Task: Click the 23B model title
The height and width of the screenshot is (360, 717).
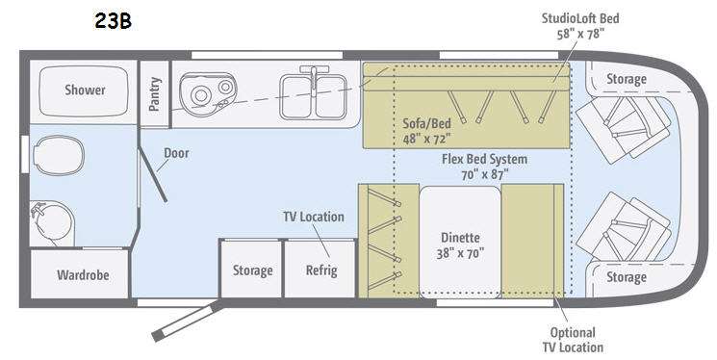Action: (x=113, y=21)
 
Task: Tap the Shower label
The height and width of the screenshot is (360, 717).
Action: (x=85, y=90)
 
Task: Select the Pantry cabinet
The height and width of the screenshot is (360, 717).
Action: (x=155, y=93)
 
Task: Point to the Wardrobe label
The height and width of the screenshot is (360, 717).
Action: (x=82, y=275)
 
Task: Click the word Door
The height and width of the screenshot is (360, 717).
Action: (x=175, y=152)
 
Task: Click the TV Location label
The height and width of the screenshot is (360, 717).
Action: (x=313, y=217)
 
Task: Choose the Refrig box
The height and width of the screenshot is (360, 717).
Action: (x=320, y=270)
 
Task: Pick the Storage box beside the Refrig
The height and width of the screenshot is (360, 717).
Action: (x=252, y=270)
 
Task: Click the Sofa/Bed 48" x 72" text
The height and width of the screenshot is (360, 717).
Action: (x=426, y=130)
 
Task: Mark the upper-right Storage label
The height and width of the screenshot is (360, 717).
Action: (x=627, y=79)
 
